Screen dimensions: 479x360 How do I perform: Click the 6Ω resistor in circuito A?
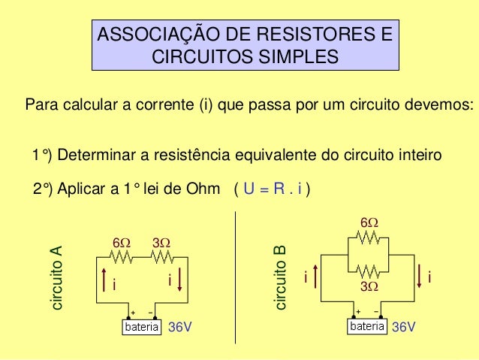121,257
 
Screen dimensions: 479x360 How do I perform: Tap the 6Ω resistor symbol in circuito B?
369,237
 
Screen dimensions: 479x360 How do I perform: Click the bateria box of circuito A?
143,328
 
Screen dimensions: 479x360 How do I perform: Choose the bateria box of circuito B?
367,328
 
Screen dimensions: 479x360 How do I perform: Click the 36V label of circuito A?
180,328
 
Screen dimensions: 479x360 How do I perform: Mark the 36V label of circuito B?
404,328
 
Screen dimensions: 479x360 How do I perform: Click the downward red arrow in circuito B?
419,277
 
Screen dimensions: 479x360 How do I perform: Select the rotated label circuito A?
56,278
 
